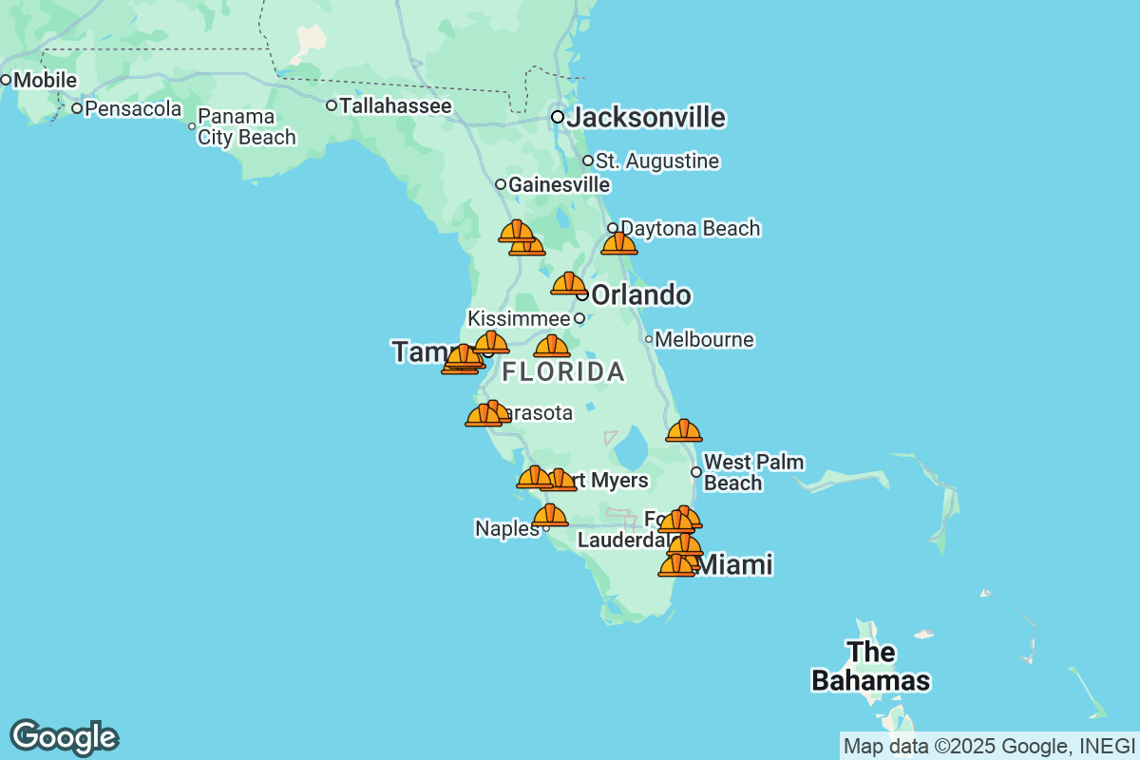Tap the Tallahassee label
pos(395,105)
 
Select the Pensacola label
pos(133,108)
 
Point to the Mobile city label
pos(45,80)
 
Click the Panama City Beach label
pos(246,127)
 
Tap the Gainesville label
pos(559,184)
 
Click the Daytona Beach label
pos(691,228)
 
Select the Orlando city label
pos(640,295)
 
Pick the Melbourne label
pos(704,339)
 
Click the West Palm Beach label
pos(753,473)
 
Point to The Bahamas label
pos(870,667)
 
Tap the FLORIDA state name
pos(563,371)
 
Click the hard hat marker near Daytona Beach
pos(619,243)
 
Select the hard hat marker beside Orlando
pos(568,283)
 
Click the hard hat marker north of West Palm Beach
pos(684,430)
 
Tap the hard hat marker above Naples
pos(550,515)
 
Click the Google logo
pos(64,738)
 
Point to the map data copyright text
pos(987,746)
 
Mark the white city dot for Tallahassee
pos(332,105)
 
